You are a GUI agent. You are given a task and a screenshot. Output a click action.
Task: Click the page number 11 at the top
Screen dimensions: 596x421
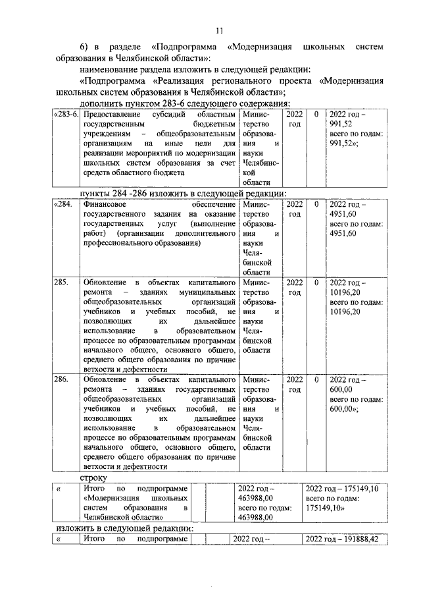[220, 30]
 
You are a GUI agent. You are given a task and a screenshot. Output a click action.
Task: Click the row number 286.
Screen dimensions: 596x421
[61, 380]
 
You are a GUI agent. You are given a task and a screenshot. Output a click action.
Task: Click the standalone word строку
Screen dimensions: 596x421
[93, 475]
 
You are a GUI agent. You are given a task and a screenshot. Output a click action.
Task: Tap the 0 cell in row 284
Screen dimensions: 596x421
[316, 205]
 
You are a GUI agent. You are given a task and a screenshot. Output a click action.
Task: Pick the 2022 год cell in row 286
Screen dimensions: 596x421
[295, 385]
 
